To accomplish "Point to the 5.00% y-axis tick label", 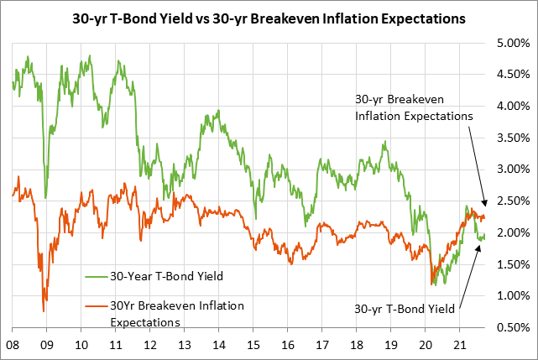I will pyautogui.click(x=511, y=43).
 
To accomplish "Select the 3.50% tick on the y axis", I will pyautogui.click(x=511, y=138).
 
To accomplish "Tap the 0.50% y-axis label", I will pyautogui.click(x=511, y=326).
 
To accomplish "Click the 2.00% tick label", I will pyautogui.click(x=511, y=232).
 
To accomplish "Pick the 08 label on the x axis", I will pyautogui.click(x=13, y=344).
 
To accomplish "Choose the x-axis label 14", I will pyautogui.click(x=217, y=344).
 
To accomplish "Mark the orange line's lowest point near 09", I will pyautogui.click(x=44, y=311).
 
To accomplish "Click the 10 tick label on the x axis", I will pyautogui.click(x=81, y=344).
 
